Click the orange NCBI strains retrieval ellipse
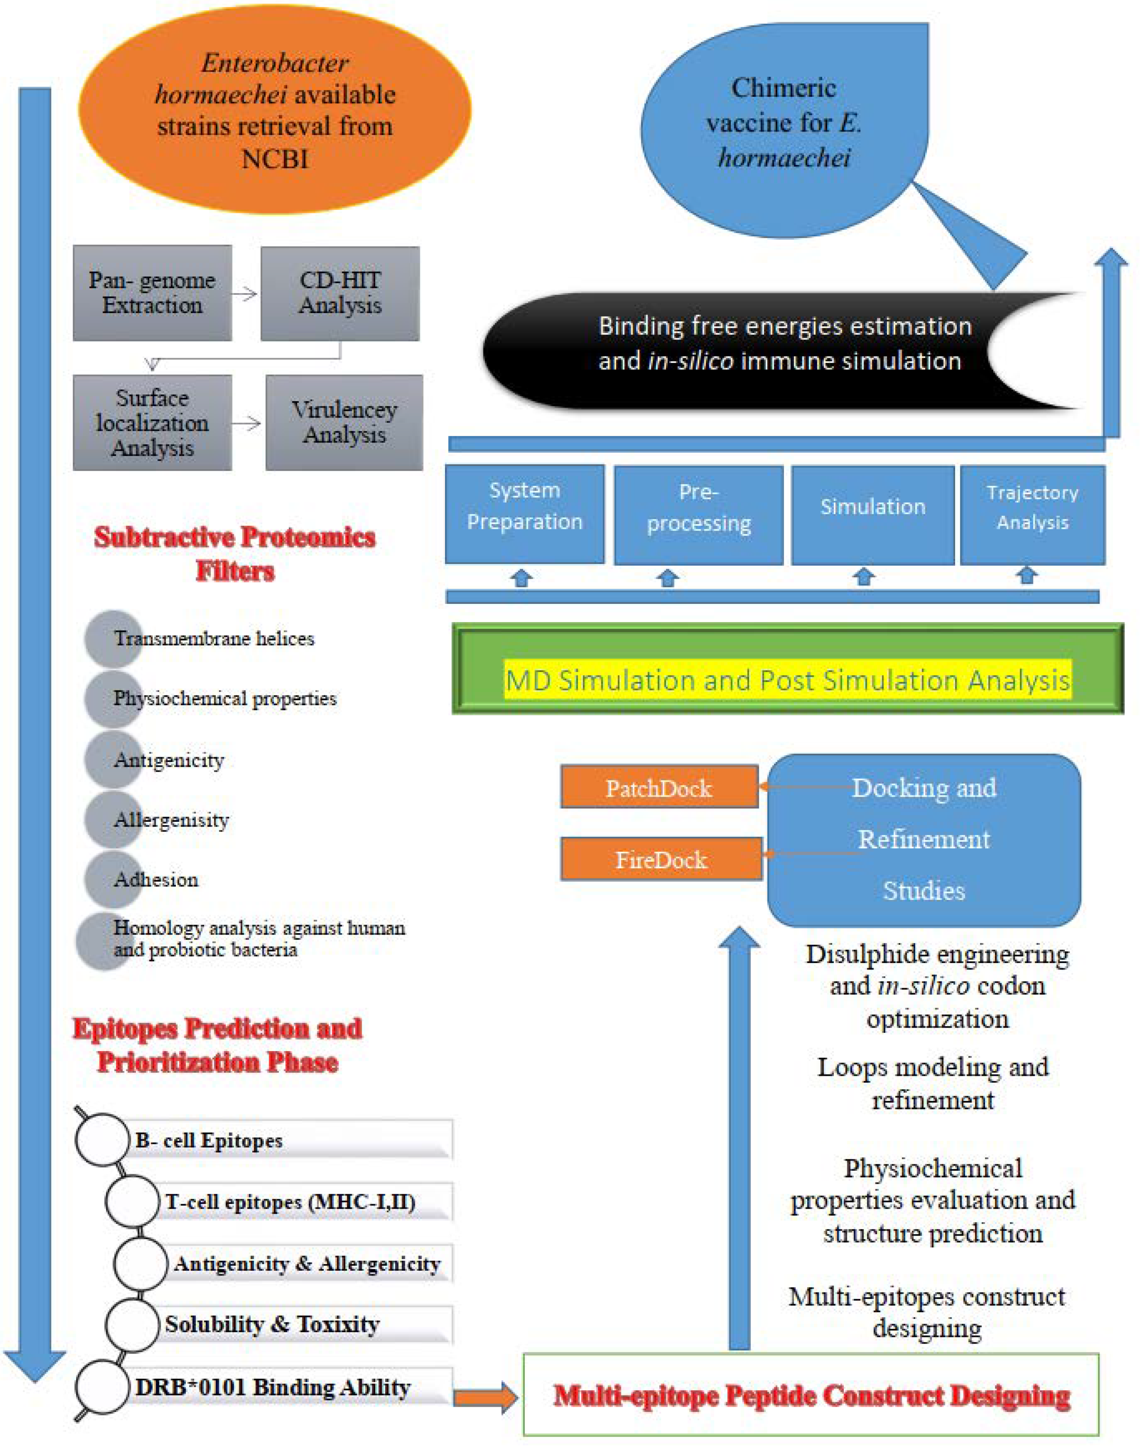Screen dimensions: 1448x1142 tap(274, 110)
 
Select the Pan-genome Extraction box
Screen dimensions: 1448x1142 tap(152, 293)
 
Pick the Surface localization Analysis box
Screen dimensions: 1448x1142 tap(152, 423)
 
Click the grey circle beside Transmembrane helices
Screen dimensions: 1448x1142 tap(112, 639)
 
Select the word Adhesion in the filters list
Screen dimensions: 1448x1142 tap(157, 879)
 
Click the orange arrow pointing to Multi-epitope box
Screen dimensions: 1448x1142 tap(485, 1396)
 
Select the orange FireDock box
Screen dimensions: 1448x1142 tap(661, 859)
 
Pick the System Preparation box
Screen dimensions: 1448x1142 tap(525, 514)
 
